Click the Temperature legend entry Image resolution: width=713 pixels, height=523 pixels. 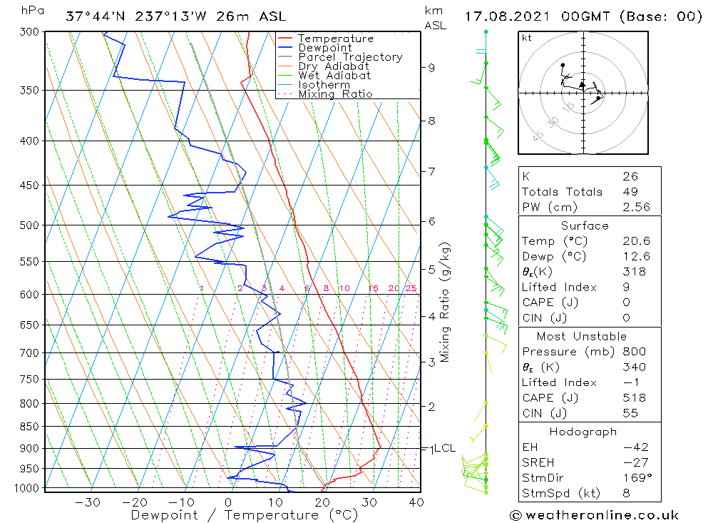coord(335,39)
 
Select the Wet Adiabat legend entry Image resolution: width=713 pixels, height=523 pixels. coord(334,76)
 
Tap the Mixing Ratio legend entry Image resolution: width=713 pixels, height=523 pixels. coord(335,93)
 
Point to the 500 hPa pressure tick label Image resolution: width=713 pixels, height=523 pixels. coord(30,225)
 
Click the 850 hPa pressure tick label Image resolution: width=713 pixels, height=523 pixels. coord(30,427)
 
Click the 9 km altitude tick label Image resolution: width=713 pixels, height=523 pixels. coord(431,68)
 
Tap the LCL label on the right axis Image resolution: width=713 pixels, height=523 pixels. coord(444,448)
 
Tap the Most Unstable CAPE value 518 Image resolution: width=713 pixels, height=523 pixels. coord(634,398)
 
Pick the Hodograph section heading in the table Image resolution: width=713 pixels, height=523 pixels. coord(584,432)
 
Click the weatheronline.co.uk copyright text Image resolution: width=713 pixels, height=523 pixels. coord(595,515)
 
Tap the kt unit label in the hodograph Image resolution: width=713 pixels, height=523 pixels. coord(526,38)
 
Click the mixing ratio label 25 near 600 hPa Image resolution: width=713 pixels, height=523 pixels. coord(411,288)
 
